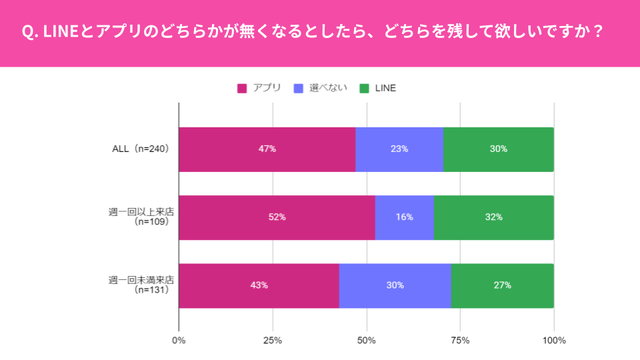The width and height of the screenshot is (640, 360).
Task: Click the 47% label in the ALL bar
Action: [267, 149]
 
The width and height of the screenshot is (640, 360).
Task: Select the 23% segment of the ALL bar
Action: [399, 149]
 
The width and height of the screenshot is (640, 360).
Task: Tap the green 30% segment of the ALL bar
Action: [499, 149]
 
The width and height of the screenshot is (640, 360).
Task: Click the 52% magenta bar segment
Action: [277, 217]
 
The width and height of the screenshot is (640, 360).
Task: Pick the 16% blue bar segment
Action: [404, 217]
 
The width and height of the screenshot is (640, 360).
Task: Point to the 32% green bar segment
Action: [494, 217]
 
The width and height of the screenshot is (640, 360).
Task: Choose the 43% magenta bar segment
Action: [259, 285]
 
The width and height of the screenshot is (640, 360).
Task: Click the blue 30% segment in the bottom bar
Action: [395, 285]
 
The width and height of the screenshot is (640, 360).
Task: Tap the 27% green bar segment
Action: [503, 285]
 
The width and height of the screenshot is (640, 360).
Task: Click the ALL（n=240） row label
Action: [141, 149]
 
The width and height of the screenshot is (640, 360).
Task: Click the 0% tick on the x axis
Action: [179, 341]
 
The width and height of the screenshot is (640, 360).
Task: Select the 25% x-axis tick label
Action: [273, 341]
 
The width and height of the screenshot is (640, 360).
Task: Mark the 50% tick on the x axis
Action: [367, 341]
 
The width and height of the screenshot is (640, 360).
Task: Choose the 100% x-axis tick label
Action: [554, 341]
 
